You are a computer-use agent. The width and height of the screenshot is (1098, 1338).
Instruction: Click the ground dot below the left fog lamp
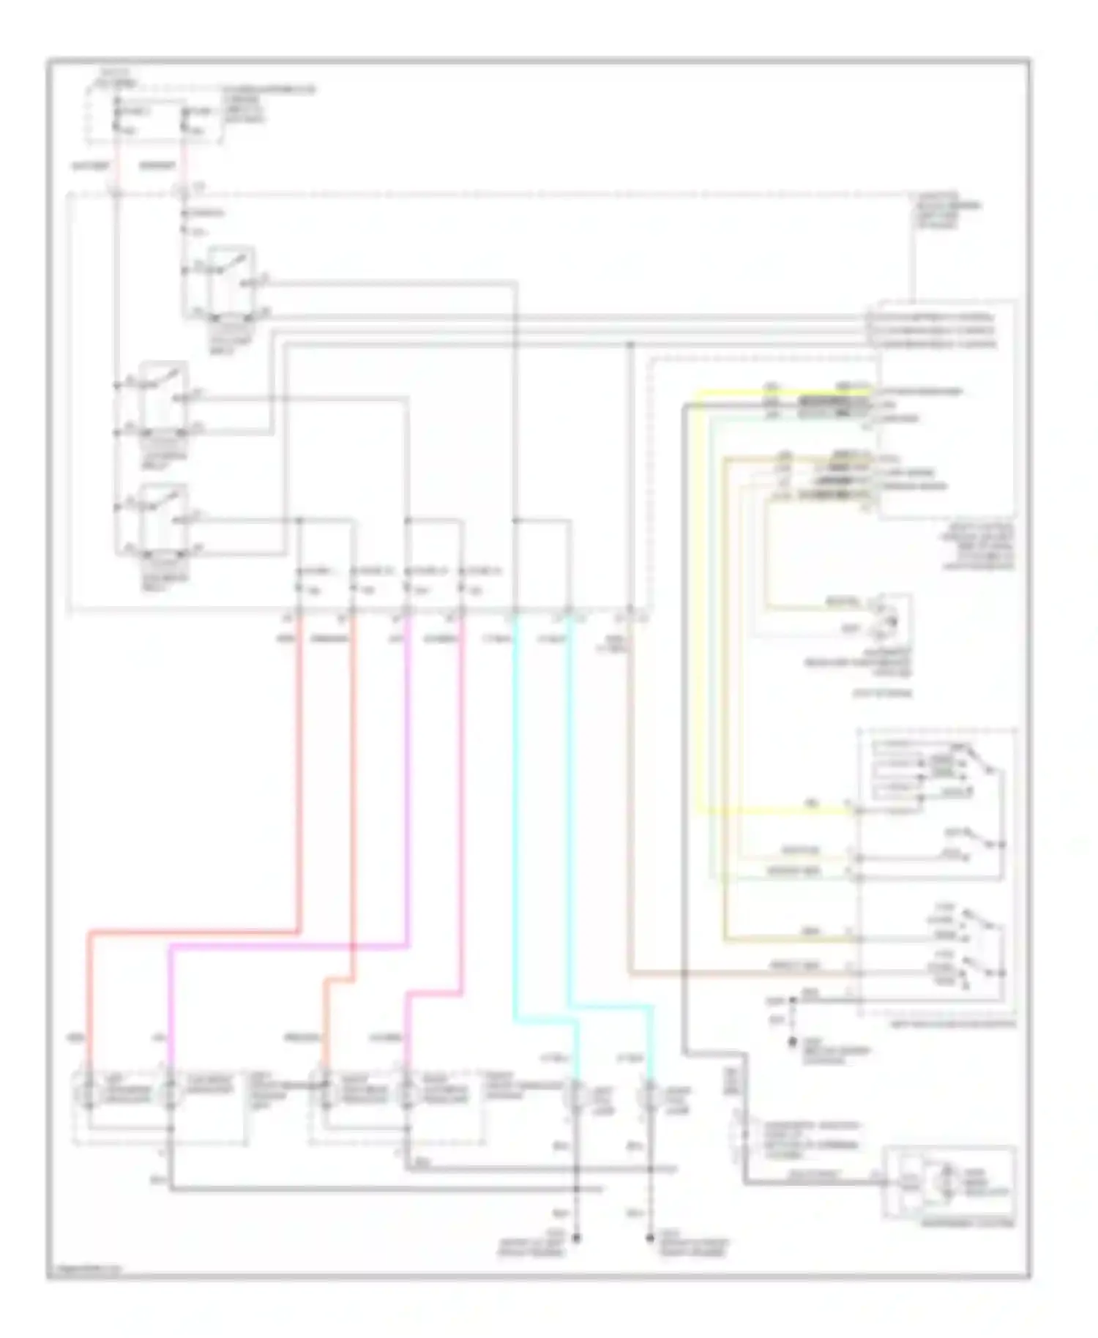pyautogui.click(x=576, y=1238)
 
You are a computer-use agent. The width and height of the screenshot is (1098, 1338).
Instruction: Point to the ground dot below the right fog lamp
pyautogui.click(x=649, y=1238)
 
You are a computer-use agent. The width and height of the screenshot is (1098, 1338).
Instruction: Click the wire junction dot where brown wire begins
pyautogui.click(x=630, y=344)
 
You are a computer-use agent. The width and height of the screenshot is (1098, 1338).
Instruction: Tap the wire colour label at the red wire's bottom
pyautogui.click(x=74, y=1038)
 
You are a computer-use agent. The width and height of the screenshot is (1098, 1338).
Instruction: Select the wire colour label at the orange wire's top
pyautogui.click(x=329, y=639)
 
